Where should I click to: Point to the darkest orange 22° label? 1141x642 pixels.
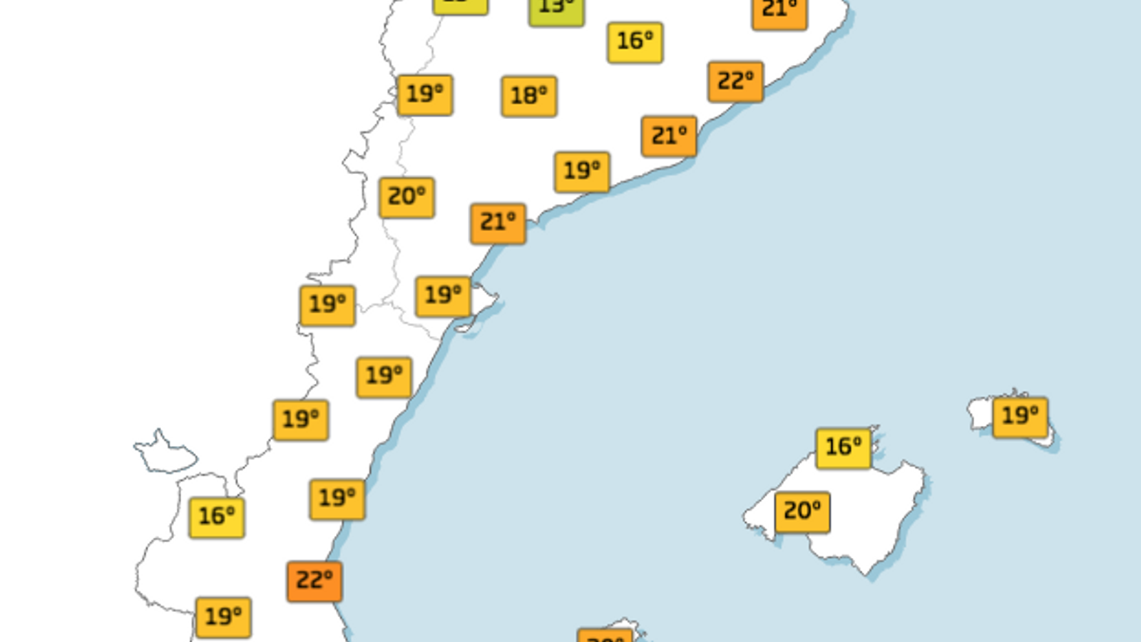tap(314, 581)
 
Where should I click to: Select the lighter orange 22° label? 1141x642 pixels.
tap(736, 82)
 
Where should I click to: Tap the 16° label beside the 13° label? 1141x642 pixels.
tap(635, 42)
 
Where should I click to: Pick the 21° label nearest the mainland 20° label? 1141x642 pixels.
tap(498, 223)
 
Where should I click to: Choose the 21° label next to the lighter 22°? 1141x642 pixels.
tap(669, 136)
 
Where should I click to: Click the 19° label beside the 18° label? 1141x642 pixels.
tap(425, 95)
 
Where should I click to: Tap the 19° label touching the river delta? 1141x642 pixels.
tap(443, 296)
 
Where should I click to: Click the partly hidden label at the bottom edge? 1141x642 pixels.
tap(605, 636)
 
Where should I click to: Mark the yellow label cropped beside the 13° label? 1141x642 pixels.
tap(460, 6)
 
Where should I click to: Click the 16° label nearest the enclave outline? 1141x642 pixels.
tap(217, 517)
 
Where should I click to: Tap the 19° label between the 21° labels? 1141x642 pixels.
tap(582, 172)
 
